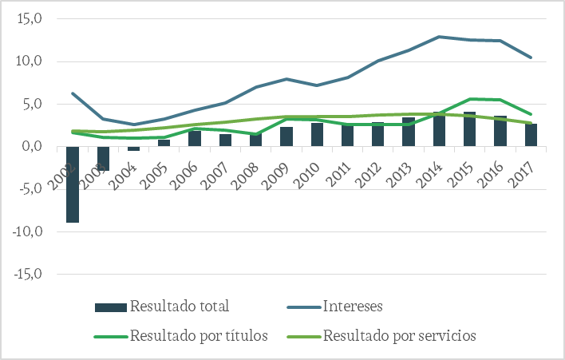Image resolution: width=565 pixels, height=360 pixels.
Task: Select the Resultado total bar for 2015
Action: coord(469,129)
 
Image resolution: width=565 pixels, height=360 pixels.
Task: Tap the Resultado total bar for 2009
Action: coord(286,136)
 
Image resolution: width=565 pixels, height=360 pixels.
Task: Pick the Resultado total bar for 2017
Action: coord(531,135)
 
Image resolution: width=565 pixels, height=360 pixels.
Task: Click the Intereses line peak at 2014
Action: coord(439,37)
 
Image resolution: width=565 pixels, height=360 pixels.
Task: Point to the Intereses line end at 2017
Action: coord(531,57)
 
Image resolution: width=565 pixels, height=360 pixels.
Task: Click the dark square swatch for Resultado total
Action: coord(109,307)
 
